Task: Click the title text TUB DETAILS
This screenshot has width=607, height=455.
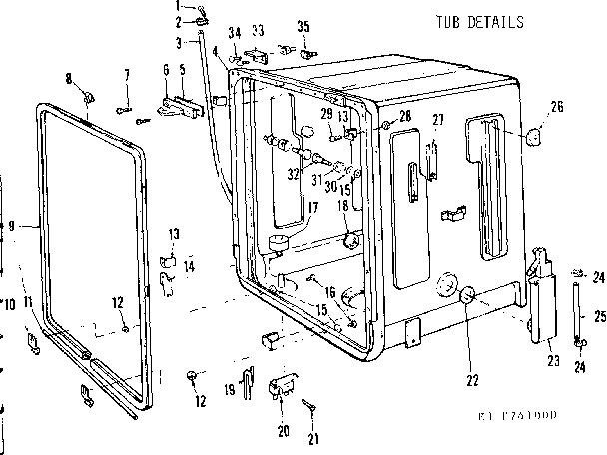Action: [479, 20]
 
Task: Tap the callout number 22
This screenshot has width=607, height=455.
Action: [472, 379]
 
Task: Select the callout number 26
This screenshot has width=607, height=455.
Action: [556, 107]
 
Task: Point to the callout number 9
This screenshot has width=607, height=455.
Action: [10, 227]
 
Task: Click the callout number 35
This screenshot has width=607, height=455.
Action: [303, 25]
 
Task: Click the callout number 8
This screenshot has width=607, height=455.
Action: [68, 78]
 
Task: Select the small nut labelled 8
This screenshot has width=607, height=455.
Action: [89, 97]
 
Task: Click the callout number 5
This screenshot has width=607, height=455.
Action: [183, 70]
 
